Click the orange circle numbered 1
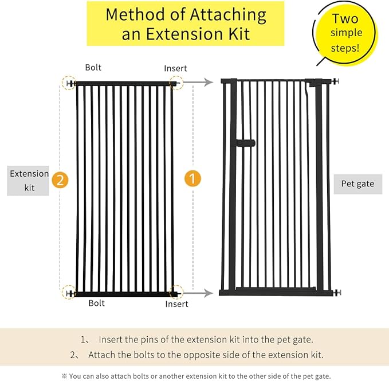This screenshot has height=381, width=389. click(192, 178)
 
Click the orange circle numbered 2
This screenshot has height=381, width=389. click(60, 180)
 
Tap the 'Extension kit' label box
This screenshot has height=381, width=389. click(29, 181)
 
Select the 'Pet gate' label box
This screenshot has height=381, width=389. click(357, 184)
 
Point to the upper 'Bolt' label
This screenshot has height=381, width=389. click(93, 68)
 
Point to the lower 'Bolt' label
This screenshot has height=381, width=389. click(97, 303)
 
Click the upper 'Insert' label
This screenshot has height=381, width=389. click(175, 68)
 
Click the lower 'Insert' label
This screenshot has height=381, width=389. click(176, 304)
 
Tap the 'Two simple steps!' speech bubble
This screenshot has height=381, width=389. click(344, 32)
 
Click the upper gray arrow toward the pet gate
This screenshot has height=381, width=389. click(201, 83)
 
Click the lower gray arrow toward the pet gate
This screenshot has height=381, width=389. click(201, 293)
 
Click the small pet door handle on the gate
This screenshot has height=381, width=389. click(246, 142)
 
